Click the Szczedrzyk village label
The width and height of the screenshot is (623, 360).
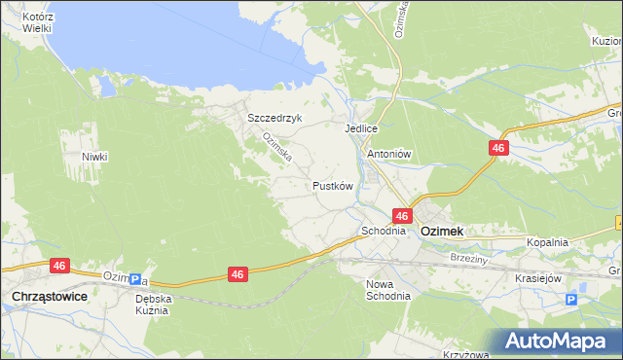coord(275,118)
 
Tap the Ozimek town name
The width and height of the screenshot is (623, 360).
coord(441,232)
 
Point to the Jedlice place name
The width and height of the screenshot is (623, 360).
coord(360,127)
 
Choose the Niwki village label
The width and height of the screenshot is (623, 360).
coord(94,157)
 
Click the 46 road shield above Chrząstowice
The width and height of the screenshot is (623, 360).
coord(60,265)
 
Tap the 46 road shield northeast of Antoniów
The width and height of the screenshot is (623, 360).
coord(498,147)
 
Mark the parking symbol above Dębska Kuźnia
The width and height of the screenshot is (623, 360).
coord(135,280)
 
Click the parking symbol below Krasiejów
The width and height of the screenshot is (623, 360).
coord(571,300)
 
